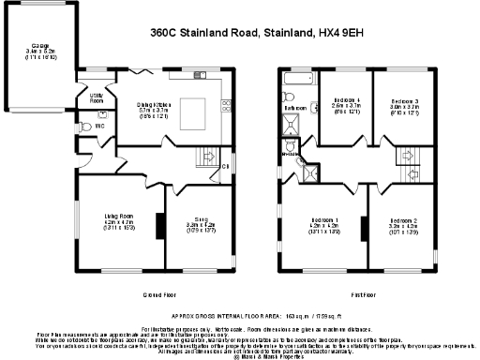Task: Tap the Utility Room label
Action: click(96, 96)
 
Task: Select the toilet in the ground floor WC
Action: click(85, 125)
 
